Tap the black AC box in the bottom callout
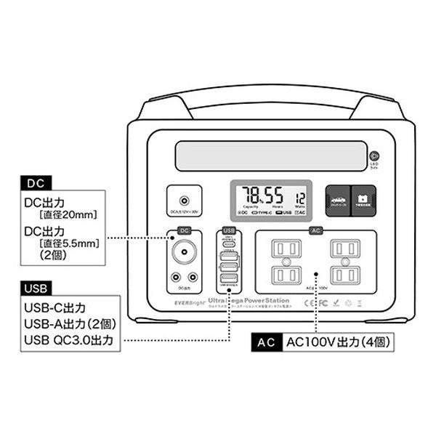tap(265, 342)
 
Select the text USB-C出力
tap(54, 307)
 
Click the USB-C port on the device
tap(229, 245)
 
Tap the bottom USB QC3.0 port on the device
tap(229, 280)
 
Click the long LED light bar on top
tap(270, 156)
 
